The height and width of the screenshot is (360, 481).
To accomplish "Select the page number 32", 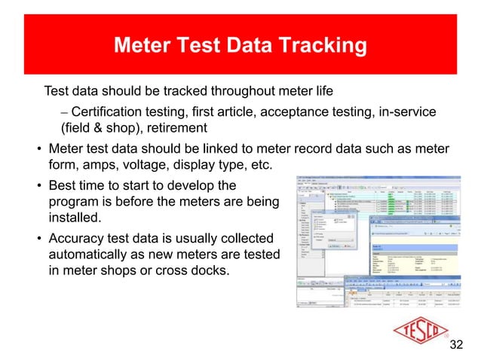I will coord(456,345).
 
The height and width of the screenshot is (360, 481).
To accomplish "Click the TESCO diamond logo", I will coord(413,331).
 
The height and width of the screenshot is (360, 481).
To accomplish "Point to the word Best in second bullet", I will coord(63,185).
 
